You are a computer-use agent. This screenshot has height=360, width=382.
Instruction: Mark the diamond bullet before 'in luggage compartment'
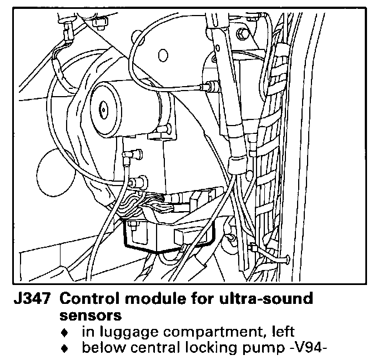66,333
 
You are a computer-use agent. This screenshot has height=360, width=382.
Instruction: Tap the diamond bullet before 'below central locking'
66,349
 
